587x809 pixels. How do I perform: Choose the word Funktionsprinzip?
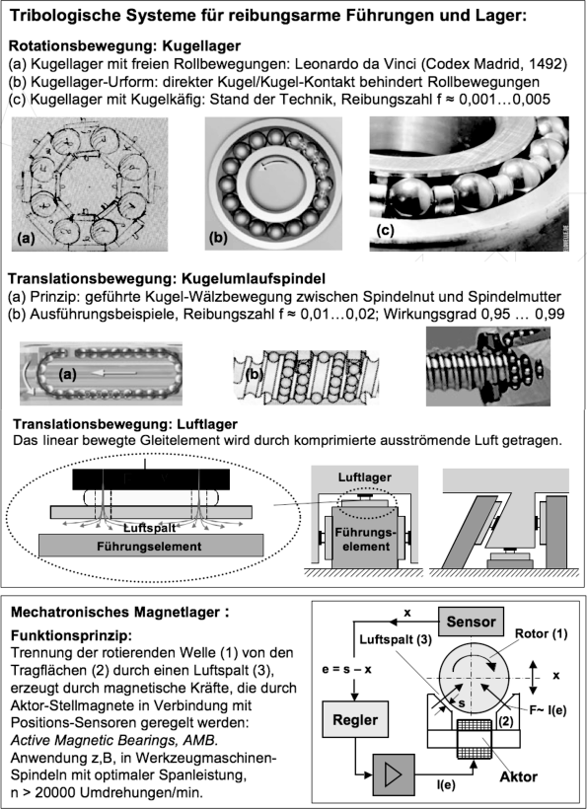(69, 635)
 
